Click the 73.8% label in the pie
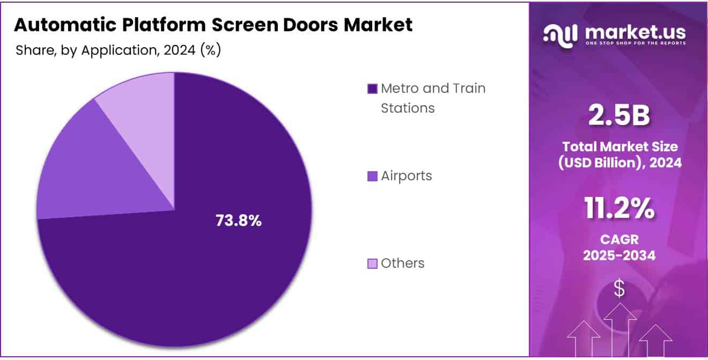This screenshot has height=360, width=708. [238, 220]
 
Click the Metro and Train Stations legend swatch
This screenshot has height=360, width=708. [372, 89]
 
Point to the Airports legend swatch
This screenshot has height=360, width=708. [372, 176]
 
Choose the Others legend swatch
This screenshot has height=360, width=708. [372, 263]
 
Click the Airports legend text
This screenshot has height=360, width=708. [406, 176]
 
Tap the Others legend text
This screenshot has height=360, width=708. [402, 263]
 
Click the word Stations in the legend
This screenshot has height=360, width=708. [408, 108]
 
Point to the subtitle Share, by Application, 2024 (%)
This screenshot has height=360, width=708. [118, 50]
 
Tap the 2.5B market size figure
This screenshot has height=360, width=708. [619, 116]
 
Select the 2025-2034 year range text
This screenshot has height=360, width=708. [619, 255]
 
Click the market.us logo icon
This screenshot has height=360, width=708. [560, 34]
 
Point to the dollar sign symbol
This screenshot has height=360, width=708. [619, 289]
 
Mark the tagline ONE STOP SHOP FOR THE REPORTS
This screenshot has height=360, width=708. [635, 43]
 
